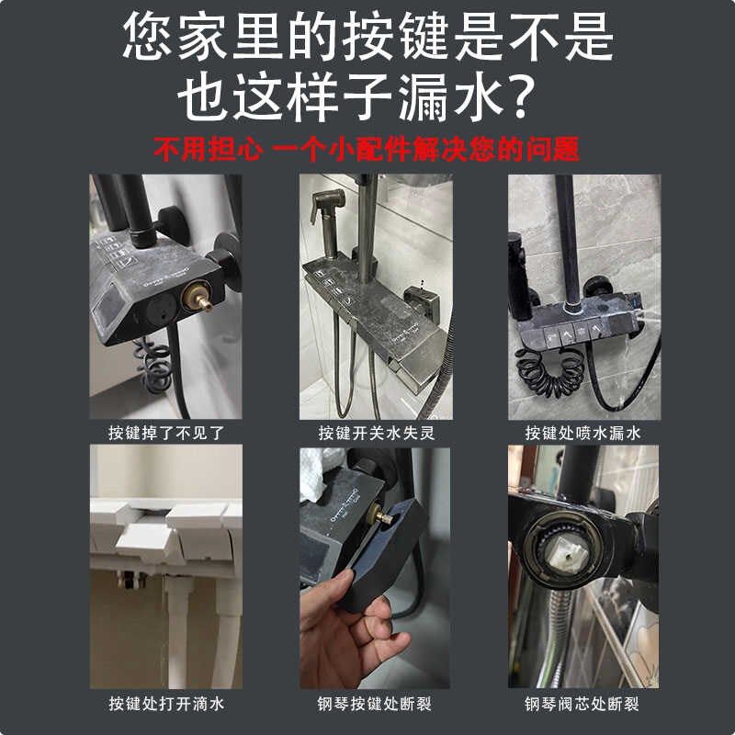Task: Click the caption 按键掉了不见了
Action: coord(166,433)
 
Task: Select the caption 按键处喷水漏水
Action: coord(582,433)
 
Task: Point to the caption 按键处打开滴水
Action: coord(166,705)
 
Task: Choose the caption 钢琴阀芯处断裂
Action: coord(582,705)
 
